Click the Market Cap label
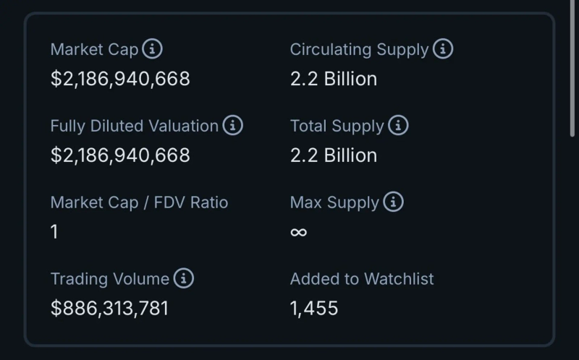pyautogui.click(x=94, y=49)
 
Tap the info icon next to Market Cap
pyautogui.click(x=152, y=49)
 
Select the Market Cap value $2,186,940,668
pyautogui.click(x=120, y=79)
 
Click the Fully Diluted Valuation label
pyautogui.click(x=134, y=126)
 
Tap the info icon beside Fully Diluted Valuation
pyautogui.click(x=232, y=126)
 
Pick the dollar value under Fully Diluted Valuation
pyautogui.click(x=120, y=155)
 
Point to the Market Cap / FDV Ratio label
pyautogui.click(x=139, y=202)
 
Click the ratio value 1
pyautogui.click(x=55, y=232)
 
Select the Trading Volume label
pyautogui.click(x=109, y=279)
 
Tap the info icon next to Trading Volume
pyautogui.click(x=184, y=279)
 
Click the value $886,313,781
pyautogui.click(x=109, y=309)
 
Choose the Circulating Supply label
pyautogui.click(x=359, y=49)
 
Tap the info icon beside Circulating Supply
pyautogui.click(x=443, y=49)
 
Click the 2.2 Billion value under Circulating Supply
pyautogui.click(x=334, y=79)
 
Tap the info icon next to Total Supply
pyautogui.click(x=398, y=126)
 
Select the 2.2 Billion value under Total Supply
pyautogui.click(x=334, y=155)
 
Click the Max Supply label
pyautogui.click(x=334, y=202)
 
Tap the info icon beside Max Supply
pyautogui.click(x=393, y=202)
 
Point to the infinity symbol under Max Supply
pyautogui.click(x=298, y=232)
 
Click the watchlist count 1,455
pyautogui.click(x=314, y=309)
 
